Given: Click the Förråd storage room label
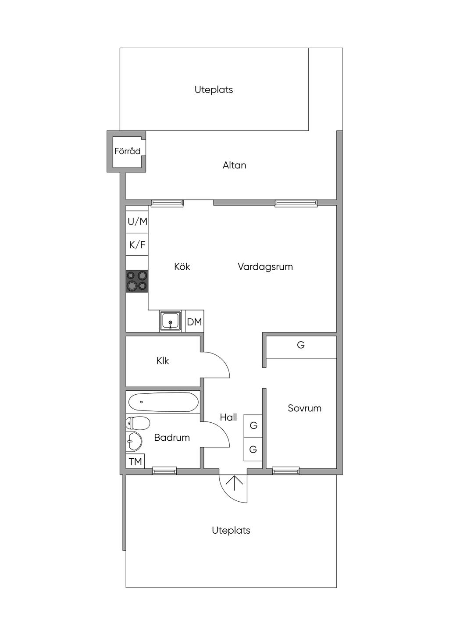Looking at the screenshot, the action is (127, 151).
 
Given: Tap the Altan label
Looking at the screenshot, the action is (234, 165).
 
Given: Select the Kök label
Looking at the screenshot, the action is (182, 266).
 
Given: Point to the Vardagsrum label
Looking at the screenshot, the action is (265, 267).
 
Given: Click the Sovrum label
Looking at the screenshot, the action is (304, 408).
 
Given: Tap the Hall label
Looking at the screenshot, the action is (228, 417).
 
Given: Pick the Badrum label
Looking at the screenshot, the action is (172, 437).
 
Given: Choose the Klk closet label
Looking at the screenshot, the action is (163, 360).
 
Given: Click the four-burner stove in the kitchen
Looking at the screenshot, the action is (137, 281).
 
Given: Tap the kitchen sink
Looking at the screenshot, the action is (170, 321).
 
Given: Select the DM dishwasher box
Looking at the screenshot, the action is (194, 321).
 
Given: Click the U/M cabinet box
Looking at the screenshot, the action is (137, 222).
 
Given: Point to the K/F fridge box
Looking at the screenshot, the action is (137, 244).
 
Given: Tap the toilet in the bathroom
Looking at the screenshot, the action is (138, 424).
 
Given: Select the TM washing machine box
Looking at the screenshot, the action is (135, 461).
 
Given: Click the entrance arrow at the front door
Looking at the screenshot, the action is (235, 483).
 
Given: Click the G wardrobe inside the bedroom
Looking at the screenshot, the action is (301, 347).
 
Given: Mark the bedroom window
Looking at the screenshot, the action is (286, 471).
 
